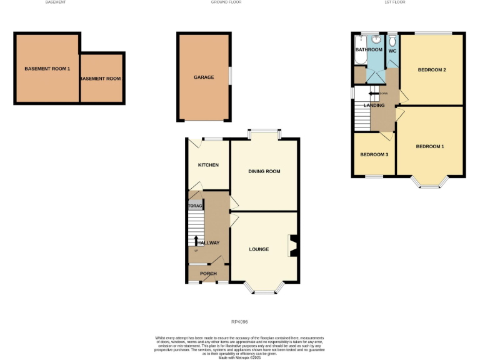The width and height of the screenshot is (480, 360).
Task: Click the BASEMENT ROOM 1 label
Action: (47, 68)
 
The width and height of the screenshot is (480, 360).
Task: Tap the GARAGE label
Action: (204, 77)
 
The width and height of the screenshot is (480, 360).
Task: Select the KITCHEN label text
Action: (208, 165)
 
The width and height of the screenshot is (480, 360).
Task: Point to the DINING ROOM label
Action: (264, 171)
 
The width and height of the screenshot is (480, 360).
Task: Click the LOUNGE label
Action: (259, 249)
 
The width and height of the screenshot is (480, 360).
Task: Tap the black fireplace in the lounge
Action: (292, 245)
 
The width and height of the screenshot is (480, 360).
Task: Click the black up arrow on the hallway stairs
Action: (196, 241)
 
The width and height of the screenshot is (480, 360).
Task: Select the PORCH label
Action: (208, 274)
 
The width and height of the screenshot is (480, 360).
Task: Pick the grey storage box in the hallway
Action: (195, 206)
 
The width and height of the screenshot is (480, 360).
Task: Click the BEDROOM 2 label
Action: (432, 69)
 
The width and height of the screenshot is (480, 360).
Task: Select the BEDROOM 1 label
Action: (430, 146)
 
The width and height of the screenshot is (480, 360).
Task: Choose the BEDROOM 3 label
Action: (374, 154)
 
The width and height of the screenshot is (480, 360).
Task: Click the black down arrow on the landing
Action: (374, 94)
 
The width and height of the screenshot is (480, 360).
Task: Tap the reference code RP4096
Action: (239, 322)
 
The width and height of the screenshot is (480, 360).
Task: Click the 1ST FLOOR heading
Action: (394, 2)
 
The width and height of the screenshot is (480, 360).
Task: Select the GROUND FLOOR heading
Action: (226, 2)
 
